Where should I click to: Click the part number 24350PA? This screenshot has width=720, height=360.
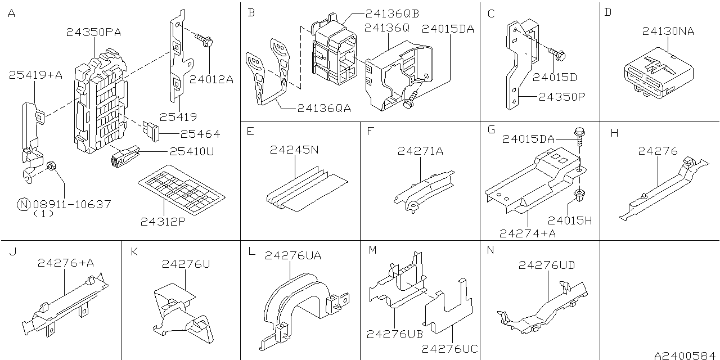[92, 33]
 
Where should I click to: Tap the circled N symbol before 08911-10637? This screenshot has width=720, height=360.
[23, 204]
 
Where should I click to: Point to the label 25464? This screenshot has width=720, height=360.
[200, 134]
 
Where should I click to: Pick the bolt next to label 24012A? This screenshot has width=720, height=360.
[203, 39]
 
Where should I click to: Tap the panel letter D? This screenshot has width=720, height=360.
[607, 12]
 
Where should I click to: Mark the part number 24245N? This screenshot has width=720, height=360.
[294, 150]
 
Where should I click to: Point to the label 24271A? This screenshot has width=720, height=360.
[420, 150]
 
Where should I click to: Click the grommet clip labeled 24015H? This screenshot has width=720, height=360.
[578, 196]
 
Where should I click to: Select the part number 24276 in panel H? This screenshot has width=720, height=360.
[658, 151]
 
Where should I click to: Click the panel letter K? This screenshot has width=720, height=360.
[134, 251]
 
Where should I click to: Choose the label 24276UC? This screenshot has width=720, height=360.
[449, 349]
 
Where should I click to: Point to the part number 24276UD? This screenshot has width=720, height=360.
[546, 264]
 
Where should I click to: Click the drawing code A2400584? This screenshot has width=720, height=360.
[686, 355]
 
